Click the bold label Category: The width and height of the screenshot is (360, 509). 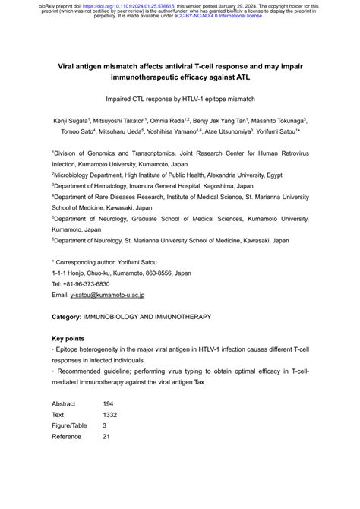(x=71, y=315)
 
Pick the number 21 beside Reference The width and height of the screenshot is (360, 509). (x=106, y=436)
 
